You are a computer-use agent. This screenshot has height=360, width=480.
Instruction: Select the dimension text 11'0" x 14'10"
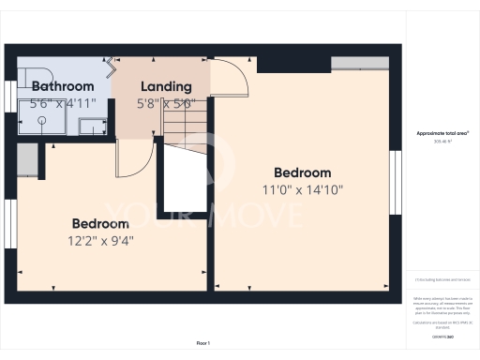pyautogui.click(x=302, y=189)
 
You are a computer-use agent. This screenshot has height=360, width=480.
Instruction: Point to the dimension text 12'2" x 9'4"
pyautogui.click(x=101, y=240)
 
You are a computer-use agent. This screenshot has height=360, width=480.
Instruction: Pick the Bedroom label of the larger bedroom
pyautogui.click(x=302, y=172)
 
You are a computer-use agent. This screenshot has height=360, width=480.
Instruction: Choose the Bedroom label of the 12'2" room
pyautogui.click(x=100, y=224)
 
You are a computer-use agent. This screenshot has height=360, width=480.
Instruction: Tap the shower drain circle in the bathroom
pyautogui.click(x=44, y=132)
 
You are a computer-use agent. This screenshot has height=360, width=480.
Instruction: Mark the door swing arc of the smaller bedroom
pyautogui.click(x=132, y=158)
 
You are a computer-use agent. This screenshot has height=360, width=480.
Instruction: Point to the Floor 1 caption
pyautogui.click(x=203, y=344)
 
